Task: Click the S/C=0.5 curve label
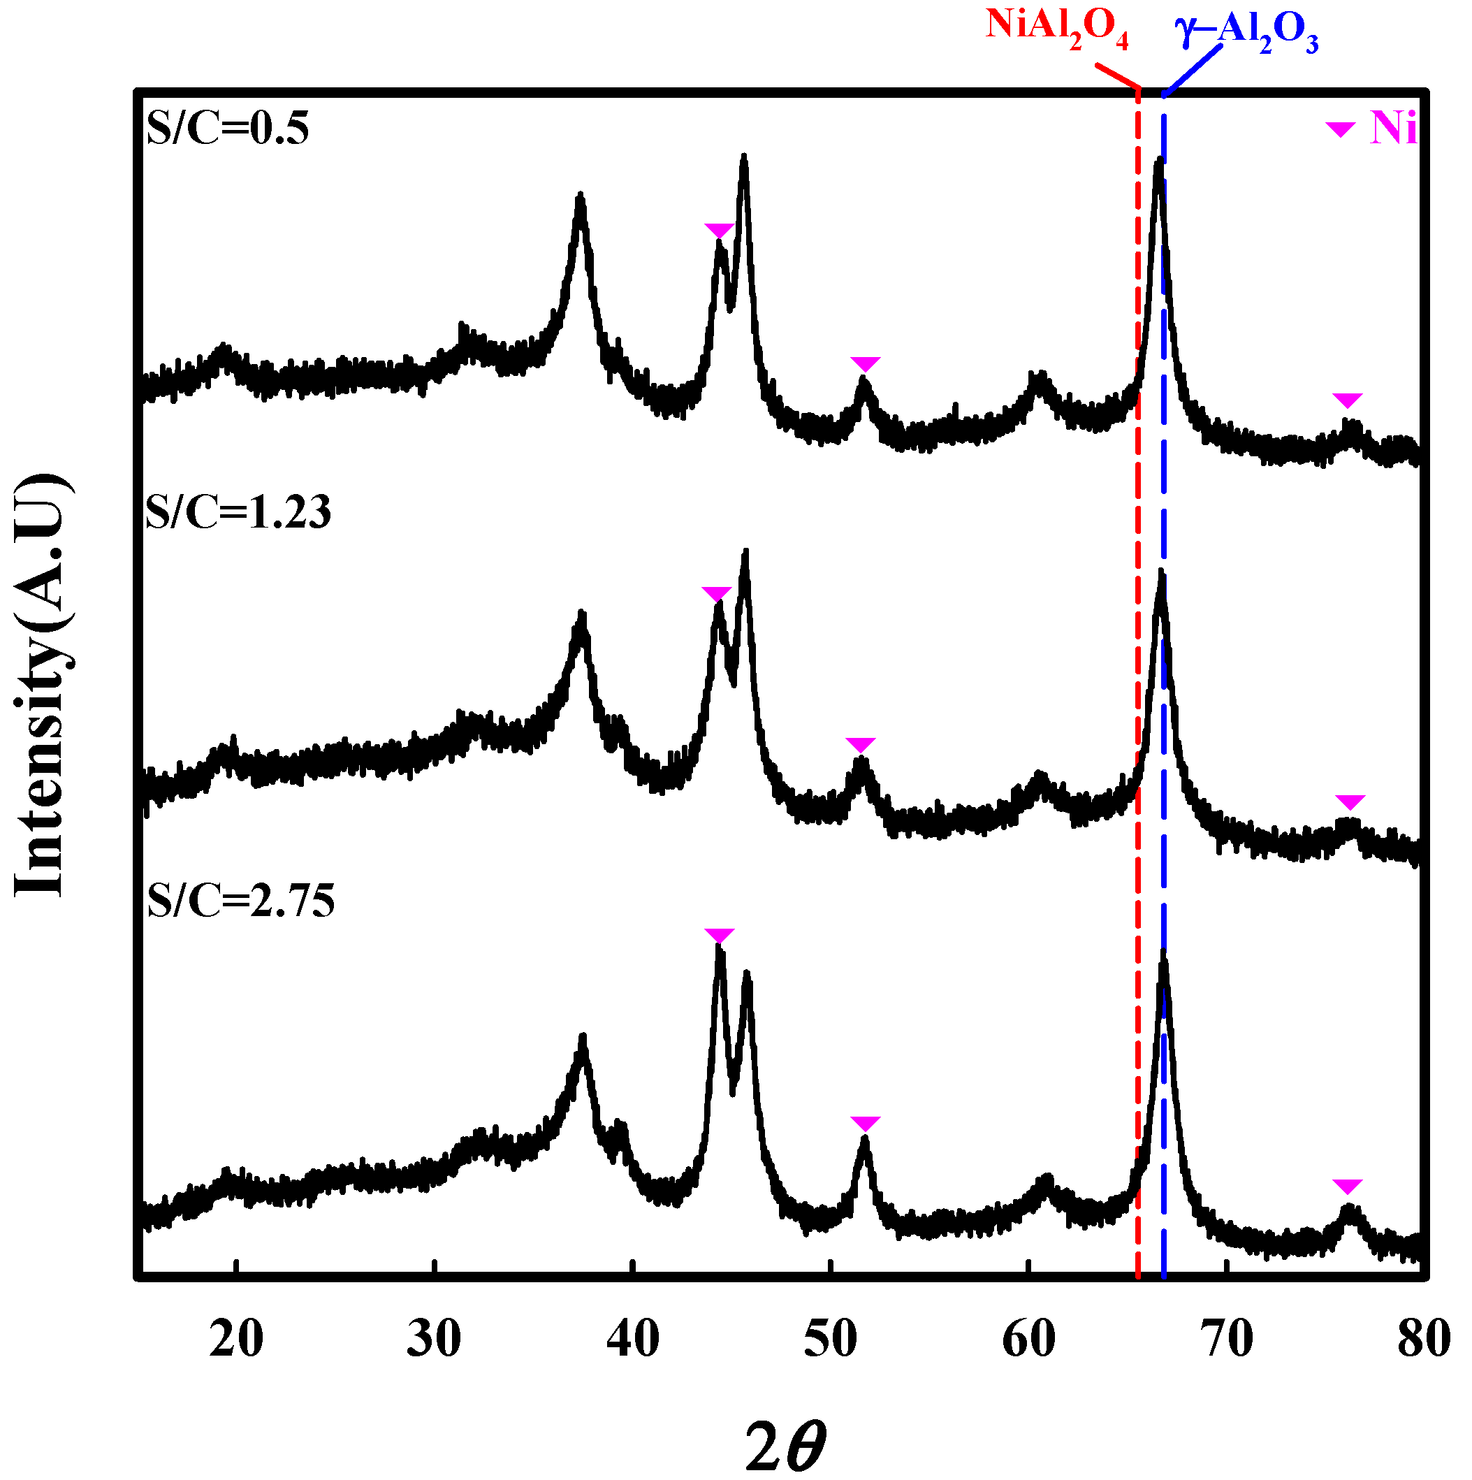click(228, 128)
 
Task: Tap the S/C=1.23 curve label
click(238, 512)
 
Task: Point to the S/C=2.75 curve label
click(240, 900)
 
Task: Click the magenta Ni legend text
click(1393, 128)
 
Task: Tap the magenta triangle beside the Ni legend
click(1340, 129)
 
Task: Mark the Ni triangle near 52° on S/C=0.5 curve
click(866, 363)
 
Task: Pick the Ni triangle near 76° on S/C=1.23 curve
click(1350, 801)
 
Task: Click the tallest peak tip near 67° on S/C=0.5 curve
click(1160, 160)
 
